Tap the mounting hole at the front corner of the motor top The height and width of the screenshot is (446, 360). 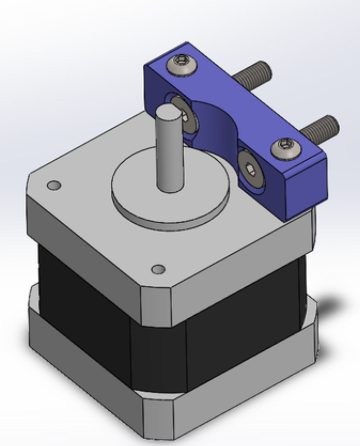[159, 269]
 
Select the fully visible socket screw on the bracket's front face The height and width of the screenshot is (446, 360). [250, 170]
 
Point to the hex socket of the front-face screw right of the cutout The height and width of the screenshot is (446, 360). [251, 171]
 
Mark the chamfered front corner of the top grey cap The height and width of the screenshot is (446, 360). [155, 305]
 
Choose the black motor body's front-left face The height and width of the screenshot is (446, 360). [81, 305]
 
